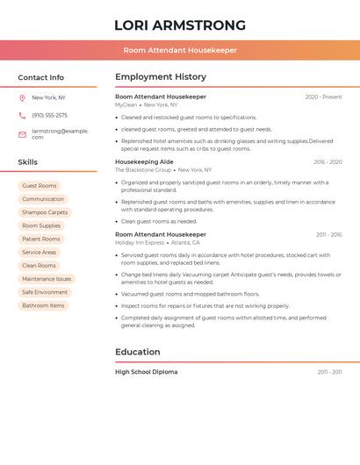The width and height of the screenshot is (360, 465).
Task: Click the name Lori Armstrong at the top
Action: click(179, 25)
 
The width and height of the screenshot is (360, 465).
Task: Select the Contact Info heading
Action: click(40, 77)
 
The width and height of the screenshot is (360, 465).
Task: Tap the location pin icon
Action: click(22, 97)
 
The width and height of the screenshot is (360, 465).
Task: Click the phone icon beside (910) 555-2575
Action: click(22, 115)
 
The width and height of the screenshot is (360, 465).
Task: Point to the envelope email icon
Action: click(22, 134)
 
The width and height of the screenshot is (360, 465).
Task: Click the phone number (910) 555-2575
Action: click(49, 115)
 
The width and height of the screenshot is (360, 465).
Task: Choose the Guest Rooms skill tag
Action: click(39, 186)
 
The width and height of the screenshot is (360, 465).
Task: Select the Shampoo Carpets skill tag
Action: click(44, 212)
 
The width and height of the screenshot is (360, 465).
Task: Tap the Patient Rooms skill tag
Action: click(41, 239)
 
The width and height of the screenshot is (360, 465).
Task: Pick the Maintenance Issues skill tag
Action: click(47, 279)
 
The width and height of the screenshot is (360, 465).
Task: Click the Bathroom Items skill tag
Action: click(43, 305)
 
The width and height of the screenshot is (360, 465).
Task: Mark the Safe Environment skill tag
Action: click(45, 292)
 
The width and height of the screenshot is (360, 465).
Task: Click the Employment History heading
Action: click(161, 77)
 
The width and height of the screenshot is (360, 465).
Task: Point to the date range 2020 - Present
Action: click(323, 97)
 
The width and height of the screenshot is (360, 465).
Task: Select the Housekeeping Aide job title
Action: click(144, 161)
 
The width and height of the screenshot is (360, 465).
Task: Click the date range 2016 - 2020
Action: click(328, 162)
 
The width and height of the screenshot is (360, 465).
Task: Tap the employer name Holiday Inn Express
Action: click(140, 242)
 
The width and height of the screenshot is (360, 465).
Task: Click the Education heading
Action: click(138, 352)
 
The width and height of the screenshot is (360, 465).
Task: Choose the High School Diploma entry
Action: click(146, 372)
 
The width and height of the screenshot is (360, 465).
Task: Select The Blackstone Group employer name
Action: click(143, 169)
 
